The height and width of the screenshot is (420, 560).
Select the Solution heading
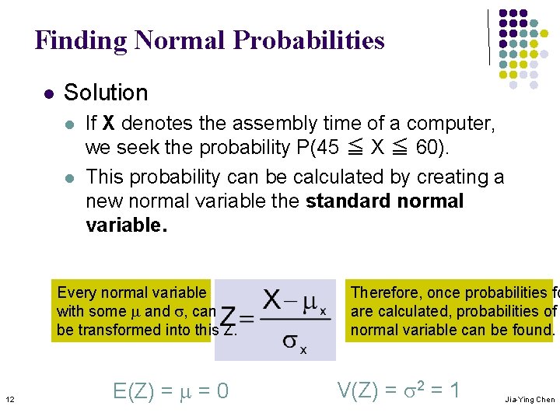(106, 93)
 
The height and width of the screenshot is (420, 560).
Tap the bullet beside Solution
(47, 93)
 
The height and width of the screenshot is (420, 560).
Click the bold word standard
(343, 201)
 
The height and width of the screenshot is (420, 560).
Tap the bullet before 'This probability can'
(69, 178)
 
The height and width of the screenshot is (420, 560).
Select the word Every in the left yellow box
(76, 292)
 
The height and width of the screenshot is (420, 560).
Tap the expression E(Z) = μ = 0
(170, 390)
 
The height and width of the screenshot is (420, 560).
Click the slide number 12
(9, 400)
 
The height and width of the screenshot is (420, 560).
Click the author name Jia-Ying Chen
(530, 400)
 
